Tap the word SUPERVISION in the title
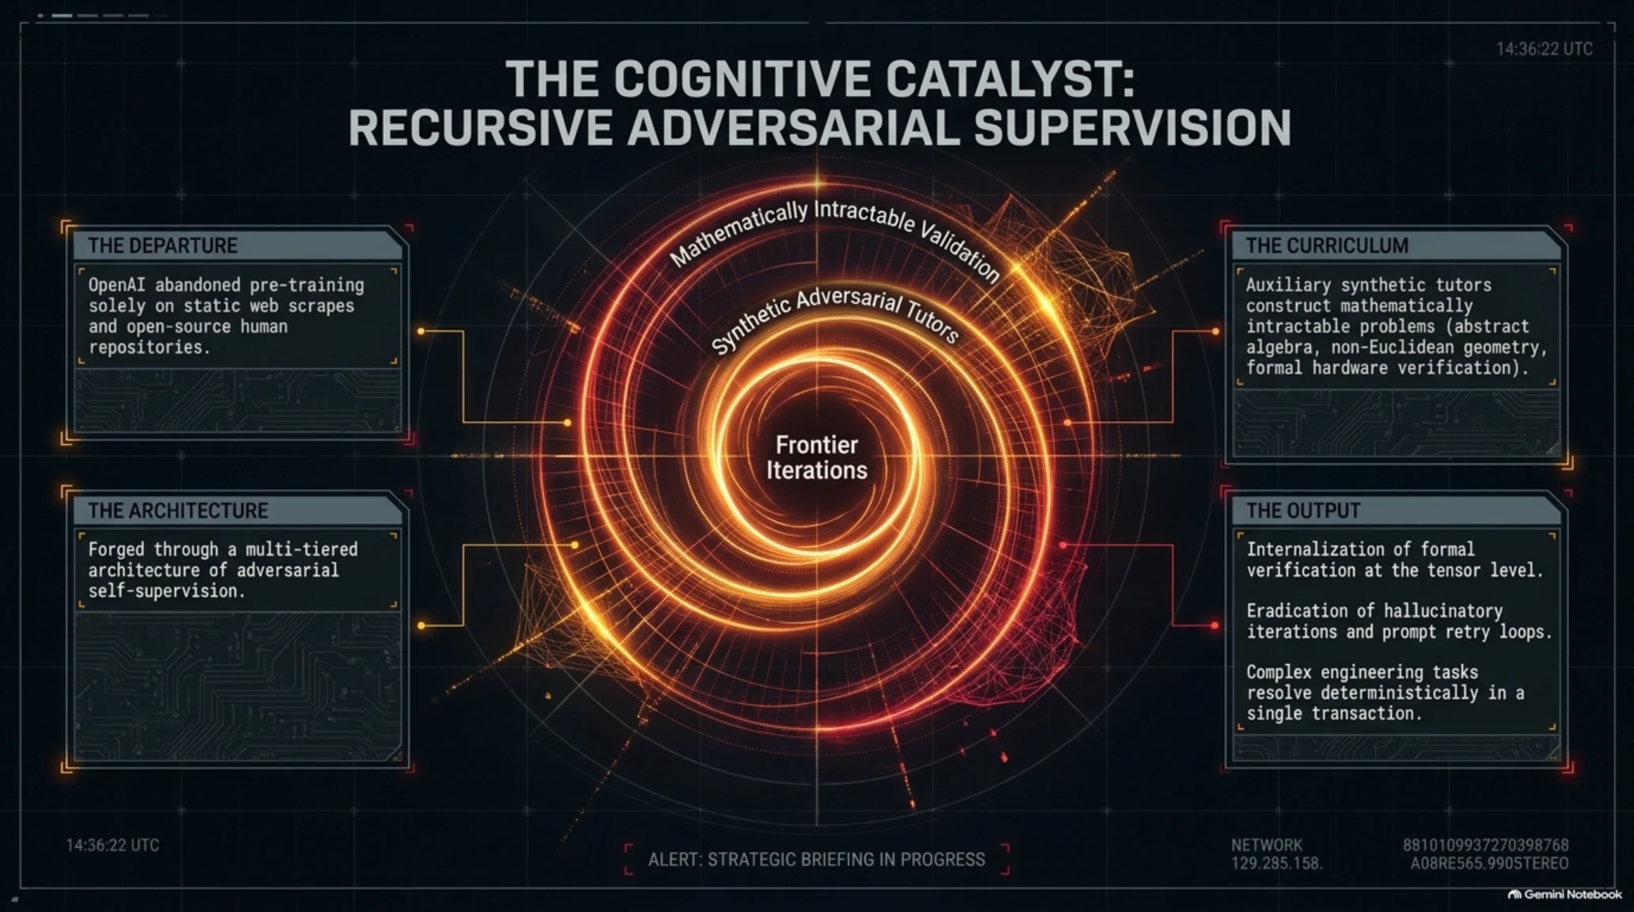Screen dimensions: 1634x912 click(1132, 128)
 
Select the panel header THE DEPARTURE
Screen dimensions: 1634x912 click(162, 245)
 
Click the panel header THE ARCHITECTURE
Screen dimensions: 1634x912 click(178, 511)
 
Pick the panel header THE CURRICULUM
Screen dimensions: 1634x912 click(1327, 245)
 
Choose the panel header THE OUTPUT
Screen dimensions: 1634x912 click(1303, 511)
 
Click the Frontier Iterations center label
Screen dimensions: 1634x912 click(816, 458)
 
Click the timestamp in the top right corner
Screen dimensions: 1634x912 click(1544, 49)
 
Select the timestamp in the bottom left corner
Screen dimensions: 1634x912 click(112, 845)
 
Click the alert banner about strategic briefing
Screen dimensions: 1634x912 click(816, 860)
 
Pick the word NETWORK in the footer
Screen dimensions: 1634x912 click(1267, 845)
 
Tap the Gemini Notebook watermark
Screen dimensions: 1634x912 click(1565, 895)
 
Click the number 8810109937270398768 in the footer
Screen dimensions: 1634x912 click(1486, 845)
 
